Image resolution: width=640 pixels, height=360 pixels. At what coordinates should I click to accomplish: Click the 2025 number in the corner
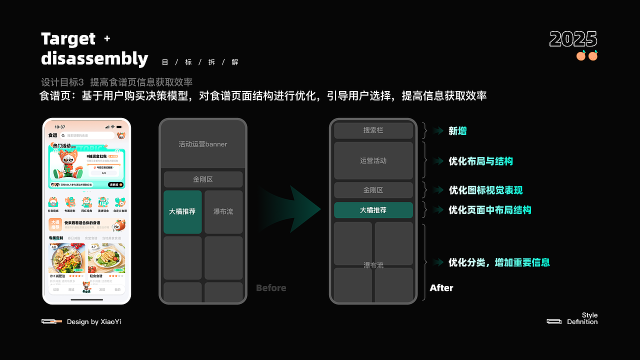[573, 39]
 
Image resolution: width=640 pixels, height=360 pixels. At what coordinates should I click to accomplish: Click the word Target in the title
[68, 39]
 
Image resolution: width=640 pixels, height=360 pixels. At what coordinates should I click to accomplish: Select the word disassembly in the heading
[94, 59]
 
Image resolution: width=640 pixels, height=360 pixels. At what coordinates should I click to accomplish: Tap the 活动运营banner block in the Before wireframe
[203, 144]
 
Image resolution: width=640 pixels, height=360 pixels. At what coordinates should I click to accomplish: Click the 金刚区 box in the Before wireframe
[203, 179]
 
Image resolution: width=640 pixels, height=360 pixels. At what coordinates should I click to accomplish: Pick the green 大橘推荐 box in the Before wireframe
[182, 211]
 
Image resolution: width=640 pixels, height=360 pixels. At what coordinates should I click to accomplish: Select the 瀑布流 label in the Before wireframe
[223, 211]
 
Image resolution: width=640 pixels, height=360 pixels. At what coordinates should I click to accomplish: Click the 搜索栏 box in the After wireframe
[373, 130]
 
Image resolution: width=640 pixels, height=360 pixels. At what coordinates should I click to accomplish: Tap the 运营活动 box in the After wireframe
[373, 160]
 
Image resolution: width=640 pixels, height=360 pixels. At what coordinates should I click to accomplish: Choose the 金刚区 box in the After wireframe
[373, 190]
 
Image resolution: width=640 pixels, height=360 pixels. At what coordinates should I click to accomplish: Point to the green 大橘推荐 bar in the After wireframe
[373, 210]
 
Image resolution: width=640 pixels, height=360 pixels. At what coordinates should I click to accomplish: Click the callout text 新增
[457, 131]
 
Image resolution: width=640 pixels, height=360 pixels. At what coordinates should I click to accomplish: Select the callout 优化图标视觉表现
[485, 190]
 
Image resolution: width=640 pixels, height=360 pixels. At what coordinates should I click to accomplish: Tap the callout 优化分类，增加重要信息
[499, 262]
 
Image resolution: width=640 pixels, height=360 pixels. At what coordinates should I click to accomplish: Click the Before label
[271, 288]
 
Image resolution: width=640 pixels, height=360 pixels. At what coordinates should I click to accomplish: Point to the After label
[441, 288]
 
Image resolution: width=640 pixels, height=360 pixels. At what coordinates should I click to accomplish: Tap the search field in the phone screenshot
[87, 135]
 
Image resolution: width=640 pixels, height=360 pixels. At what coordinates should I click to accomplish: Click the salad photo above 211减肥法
[66, 258]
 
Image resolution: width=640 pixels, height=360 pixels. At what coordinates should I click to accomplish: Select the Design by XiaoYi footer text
[94, 322]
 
